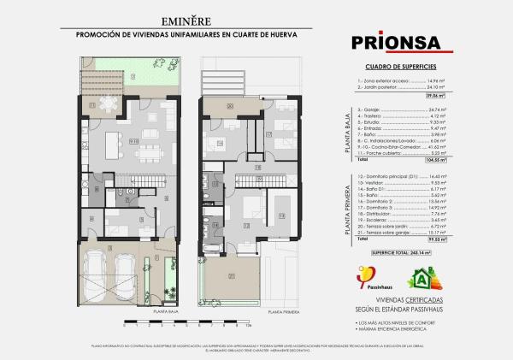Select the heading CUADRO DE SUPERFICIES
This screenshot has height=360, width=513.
(400, 65)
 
